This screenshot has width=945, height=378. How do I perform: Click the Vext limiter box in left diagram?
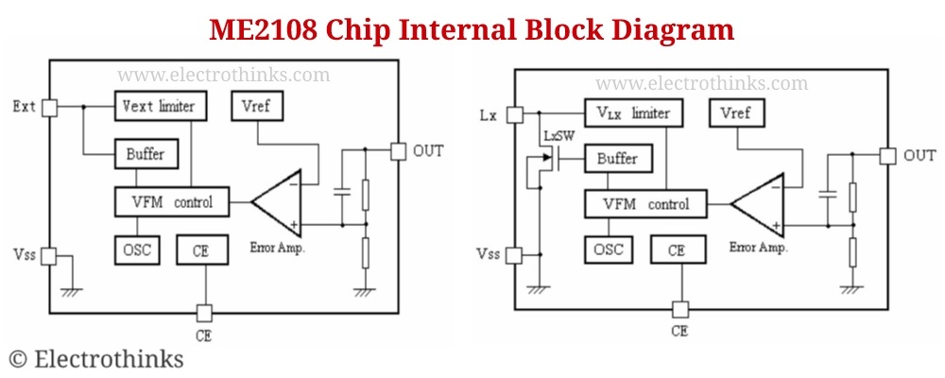click(x=157, y=105)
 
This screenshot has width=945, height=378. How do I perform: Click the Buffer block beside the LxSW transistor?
click(x=616, y=159)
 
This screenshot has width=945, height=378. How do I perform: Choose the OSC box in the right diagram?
click(x=607, y=250)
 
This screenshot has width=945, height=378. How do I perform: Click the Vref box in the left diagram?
click(x=255, y=107)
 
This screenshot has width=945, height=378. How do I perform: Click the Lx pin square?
click(x=515, y=115)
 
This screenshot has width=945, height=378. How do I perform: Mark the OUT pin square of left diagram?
click(x=399, y=150)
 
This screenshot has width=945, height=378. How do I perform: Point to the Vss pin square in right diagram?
click(x=515, y=254)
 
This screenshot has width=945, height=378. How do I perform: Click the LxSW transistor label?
click(x=558, y=137)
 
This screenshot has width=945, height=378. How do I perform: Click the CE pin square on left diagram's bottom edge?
click(x=203, y=311)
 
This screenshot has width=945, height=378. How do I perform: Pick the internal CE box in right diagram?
click(x=676, y=250)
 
